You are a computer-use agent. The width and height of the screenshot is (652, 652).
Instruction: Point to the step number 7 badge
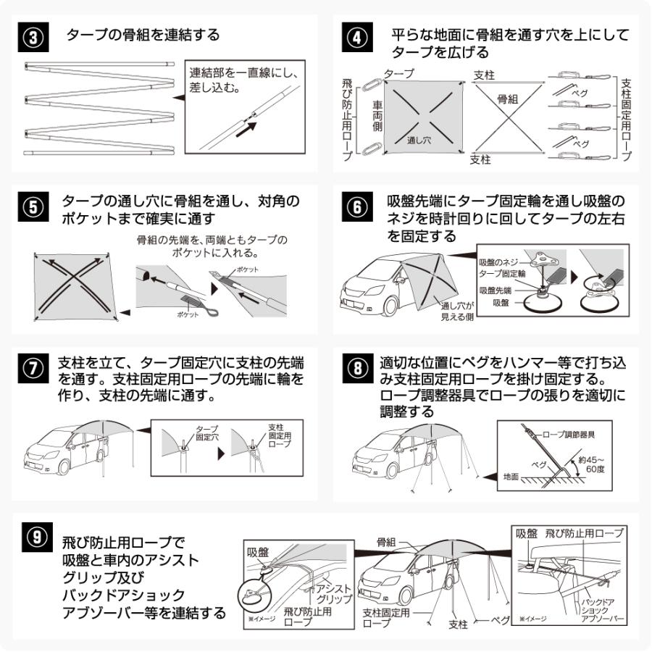click(36, 369)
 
